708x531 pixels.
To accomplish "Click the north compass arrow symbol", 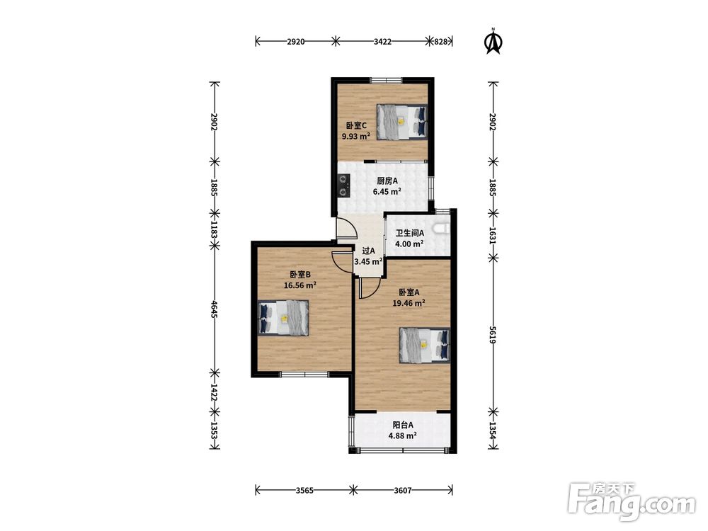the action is tap(493, 42).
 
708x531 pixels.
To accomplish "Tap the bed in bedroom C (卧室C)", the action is tap(402, 122).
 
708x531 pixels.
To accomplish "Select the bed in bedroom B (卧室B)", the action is tap(283, 318).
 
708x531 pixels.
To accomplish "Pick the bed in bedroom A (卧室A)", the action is tap(424, 346).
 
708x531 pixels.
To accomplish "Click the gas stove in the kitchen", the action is tap(345, 185).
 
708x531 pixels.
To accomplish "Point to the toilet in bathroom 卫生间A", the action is tap(442, 229).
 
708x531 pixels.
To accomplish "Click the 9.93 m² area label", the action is tap(356, 136).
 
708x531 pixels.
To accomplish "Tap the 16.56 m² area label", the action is tap(299, 285).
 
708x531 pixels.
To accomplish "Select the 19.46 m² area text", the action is tap(409, 303).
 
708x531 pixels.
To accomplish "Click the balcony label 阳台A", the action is tap(403, 425).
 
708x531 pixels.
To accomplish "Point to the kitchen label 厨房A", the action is tap(387, 181).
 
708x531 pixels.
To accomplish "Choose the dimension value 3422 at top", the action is tap(382, 42).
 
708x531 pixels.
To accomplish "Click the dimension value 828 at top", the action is tap(440, 42).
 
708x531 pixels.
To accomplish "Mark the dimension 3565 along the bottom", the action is tap(304, 491).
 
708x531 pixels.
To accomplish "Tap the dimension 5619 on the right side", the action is tap(493, 335).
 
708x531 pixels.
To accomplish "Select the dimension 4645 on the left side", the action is tap(215, 309).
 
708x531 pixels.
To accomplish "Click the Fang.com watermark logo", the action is tap(632, 502).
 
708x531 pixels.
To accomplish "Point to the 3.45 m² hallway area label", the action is tap(368, 261).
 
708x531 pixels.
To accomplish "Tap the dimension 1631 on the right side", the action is tap(493, 235).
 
